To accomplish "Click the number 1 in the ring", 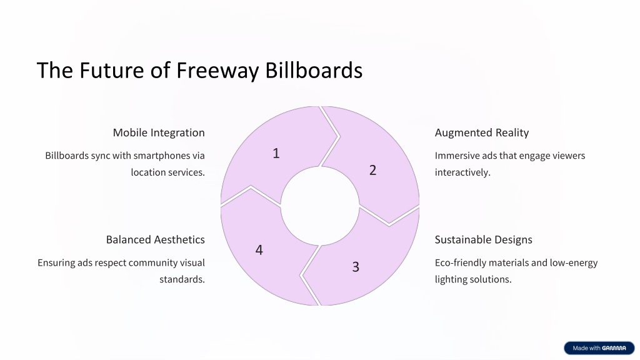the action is pos(276,154).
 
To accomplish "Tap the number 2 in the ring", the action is pos(372,170).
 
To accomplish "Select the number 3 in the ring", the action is pos(356,267).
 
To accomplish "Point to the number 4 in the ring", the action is pos(259,250).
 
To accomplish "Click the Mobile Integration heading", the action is pos(159,132).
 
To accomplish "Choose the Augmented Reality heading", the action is pos(482,132).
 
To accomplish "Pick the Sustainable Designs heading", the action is pos(483,239).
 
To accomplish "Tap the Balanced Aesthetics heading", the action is pos(156,239).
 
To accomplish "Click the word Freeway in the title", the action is pos(217,70).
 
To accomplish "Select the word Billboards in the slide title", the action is pos(314,70).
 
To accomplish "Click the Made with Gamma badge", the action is pos(599,348).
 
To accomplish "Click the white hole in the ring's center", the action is pos(320,206).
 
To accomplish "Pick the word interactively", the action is pos(462,172).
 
